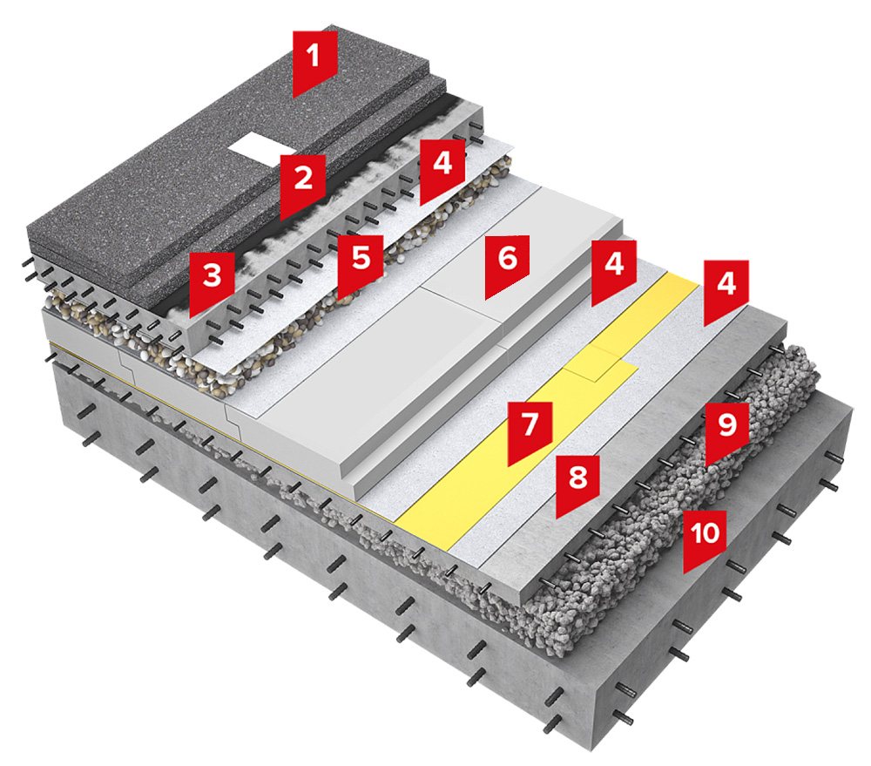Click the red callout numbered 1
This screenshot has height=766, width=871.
click(314, 59)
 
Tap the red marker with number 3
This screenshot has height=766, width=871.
click(212, 280)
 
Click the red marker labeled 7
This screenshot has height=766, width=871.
click(530, 429)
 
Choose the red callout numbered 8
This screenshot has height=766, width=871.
click(577, 481)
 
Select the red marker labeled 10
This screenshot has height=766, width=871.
click(705, 537)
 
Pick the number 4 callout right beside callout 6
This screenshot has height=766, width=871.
click(614, 268)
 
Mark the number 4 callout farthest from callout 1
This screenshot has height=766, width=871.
click(726, 288)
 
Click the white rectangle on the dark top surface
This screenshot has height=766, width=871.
click(254, 144)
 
